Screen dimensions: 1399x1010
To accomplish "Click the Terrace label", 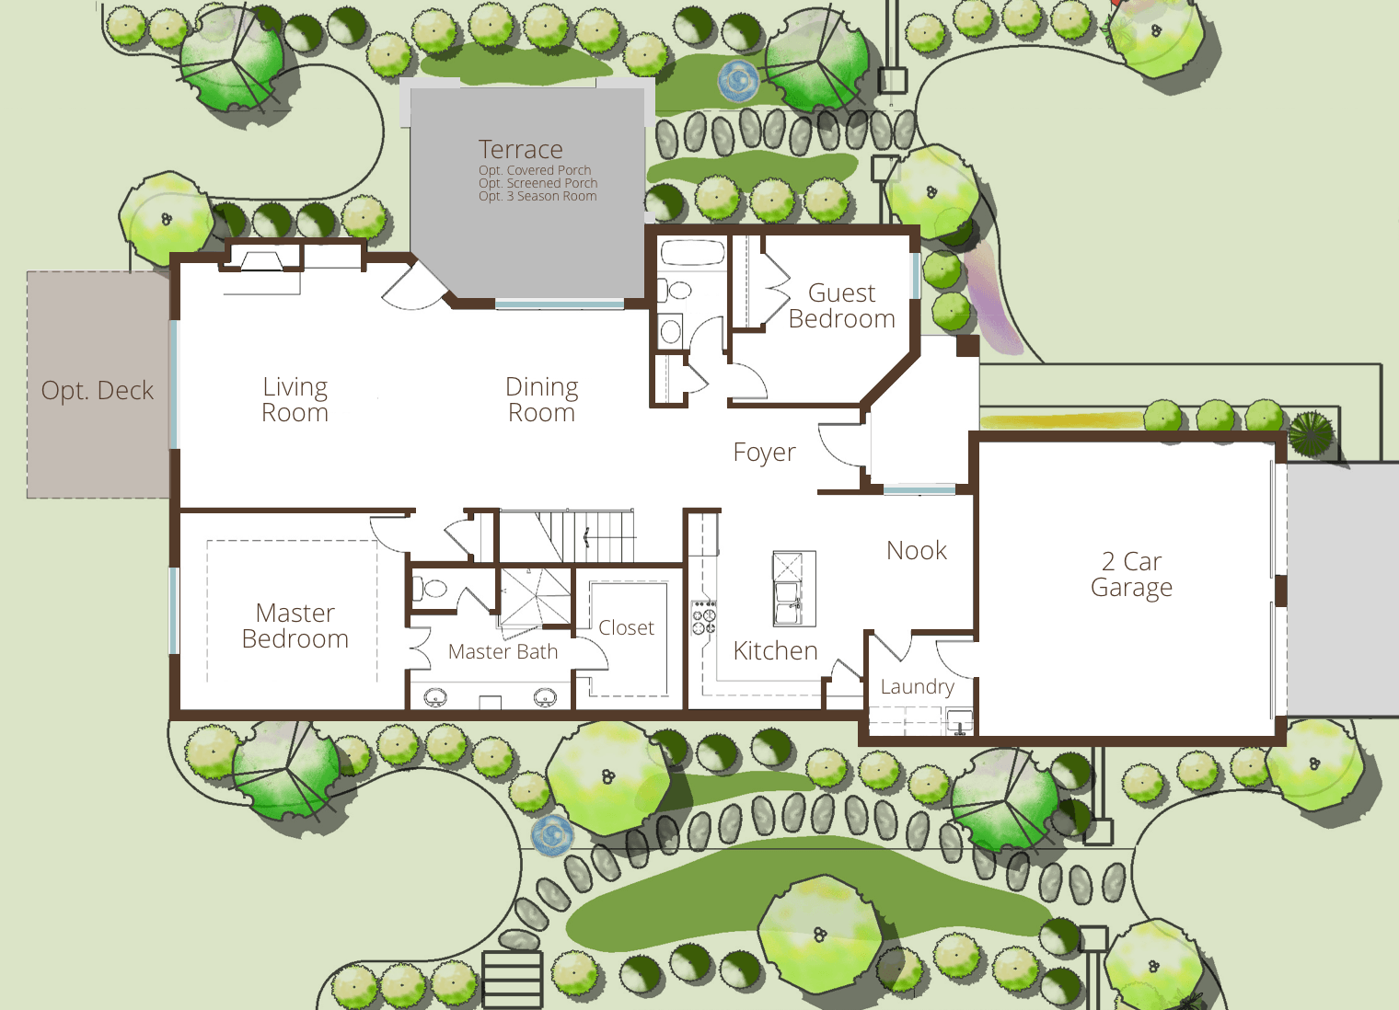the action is (x=521, y=150).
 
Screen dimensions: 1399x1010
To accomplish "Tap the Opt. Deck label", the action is (x=98, y=391).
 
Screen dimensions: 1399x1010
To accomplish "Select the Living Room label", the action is (x=295, y=399).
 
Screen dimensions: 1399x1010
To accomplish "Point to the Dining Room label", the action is (x=541, y=399).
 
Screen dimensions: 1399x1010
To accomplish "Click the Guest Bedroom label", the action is (x=842, y=306).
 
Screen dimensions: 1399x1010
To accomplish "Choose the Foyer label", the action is (x=765, y=453).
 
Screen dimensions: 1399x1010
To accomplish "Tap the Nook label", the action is (x=917, y=551).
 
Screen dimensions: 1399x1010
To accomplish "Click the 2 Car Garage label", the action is (x=1132, y=575).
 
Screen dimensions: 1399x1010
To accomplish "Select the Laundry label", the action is (x=918, y=686).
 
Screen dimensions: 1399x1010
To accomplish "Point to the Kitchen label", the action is (x=776, y=651).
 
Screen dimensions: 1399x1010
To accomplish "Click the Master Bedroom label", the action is (x=295, y=626).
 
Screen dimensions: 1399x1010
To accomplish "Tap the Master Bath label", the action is (x=503, y=651).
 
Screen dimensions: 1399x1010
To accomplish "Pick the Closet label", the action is (x=627, y=627).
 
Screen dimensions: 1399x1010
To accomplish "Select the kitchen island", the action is (x=794, y=589).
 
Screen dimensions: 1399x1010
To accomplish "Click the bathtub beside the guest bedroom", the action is (x=693, y=253).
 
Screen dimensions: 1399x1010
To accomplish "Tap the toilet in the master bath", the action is (x=431, y=588).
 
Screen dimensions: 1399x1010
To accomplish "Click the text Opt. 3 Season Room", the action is (x=538, y=197).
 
